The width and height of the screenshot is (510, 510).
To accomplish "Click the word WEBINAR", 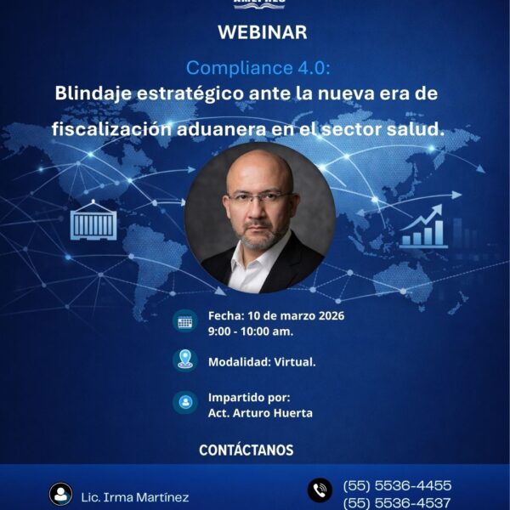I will [262, 33].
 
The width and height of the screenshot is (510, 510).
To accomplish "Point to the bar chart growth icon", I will [423, 227].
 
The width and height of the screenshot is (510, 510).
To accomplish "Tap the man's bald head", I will [258, 166].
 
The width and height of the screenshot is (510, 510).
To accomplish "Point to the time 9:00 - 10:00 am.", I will [247, 331].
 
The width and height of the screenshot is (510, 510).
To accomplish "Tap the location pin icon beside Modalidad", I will [184, 360].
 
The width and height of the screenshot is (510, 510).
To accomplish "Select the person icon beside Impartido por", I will [184, 402].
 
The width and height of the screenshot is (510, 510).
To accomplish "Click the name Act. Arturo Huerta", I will [260, 413].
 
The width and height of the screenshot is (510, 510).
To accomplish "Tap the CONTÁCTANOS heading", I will [246, 450].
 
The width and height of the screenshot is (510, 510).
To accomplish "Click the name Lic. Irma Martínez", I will [134, 496].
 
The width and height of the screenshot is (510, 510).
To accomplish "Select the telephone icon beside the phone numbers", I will [320, 490].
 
